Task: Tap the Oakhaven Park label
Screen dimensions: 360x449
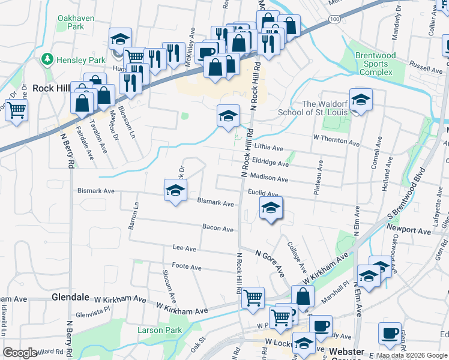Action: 76,22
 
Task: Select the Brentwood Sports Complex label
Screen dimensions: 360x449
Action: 375,64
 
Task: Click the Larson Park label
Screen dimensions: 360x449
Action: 159,330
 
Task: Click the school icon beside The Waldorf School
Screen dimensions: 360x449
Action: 361,100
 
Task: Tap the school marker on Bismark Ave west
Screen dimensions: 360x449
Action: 175,191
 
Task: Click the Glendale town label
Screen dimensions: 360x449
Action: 71,297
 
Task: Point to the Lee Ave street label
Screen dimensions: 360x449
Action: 184,248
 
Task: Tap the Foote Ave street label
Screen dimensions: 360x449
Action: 186,266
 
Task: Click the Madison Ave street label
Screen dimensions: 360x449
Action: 269,179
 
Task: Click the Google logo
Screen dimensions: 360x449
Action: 20,353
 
